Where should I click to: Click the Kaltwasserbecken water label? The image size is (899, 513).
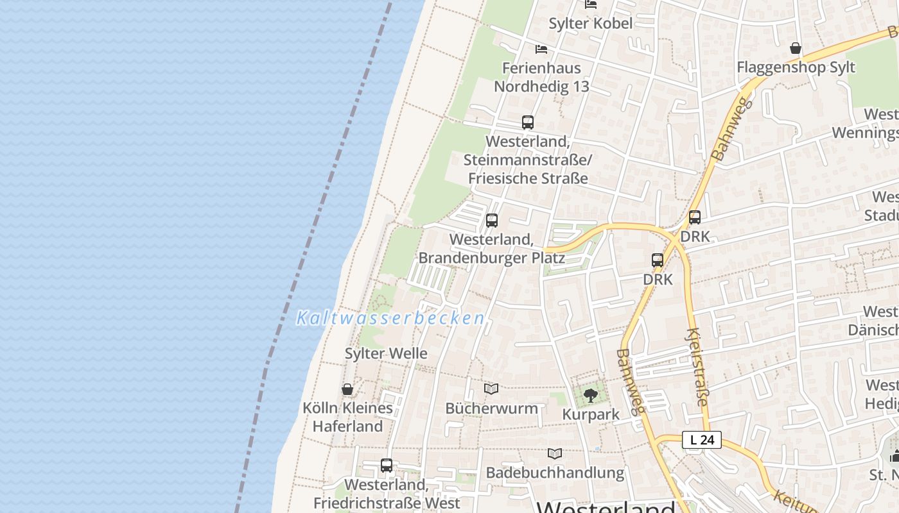(x=390, y=318)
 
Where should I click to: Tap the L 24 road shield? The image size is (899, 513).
(x=702, y=440)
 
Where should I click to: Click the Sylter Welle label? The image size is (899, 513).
(x=386, y=353)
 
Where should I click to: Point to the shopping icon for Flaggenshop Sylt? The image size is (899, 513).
(x=796, y=48)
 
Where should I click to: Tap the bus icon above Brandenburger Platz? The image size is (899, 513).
(x=492, y=221)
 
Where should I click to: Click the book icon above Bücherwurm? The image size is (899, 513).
(x=491, y=389)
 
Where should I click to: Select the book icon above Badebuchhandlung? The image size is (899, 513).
(x=555, y=454)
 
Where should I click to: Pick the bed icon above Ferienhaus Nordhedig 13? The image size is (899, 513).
(x=541, y=49)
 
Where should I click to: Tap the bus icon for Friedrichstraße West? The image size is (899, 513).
(x=386, y=466)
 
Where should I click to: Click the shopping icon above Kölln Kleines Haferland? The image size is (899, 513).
(x=347, y=389)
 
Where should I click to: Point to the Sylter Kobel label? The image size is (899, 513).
(x=590, y=24)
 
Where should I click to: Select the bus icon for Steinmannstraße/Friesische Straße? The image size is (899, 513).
(x=528, y=122)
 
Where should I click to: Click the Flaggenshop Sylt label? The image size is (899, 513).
(x=796, y=67)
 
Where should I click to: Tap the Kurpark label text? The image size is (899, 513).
(x=591, y=414)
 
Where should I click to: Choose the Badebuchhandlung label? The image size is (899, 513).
(x=555, y=473)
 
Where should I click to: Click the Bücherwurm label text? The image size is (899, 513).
(x=491, y=408)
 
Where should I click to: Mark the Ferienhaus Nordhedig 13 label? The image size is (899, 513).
(x=541, y=77)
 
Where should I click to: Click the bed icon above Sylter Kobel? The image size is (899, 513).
(x=591, y=4)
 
